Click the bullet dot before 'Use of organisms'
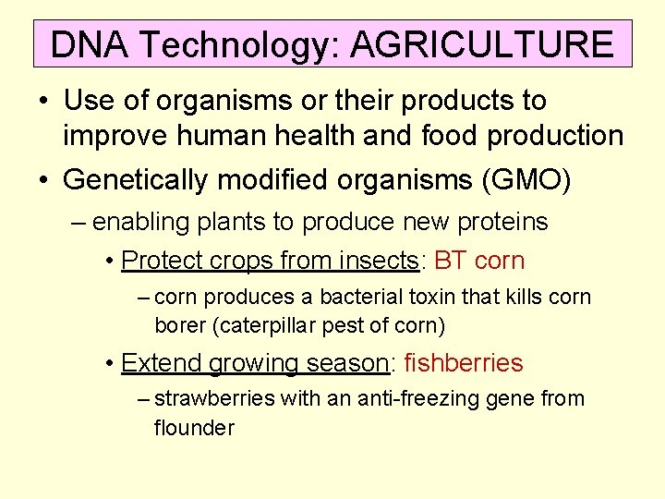pos(44,101)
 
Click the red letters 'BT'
pos(451,261)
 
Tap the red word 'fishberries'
pos(464,363)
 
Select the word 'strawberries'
pos(209,399)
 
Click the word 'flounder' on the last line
pos(194,428)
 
